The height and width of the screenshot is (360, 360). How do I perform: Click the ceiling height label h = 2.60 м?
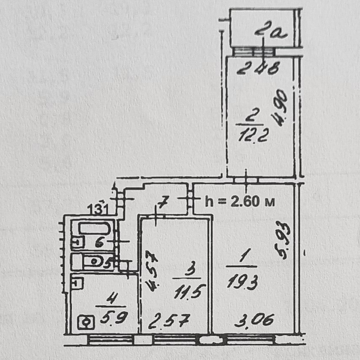click(x=240, y=201)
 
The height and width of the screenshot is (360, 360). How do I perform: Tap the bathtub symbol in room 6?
click(x=95, y=229)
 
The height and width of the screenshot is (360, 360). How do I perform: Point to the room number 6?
click(x=99, y=242)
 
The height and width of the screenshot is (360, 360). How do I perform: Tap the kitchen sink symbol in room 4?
click(x=78, y=282)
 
